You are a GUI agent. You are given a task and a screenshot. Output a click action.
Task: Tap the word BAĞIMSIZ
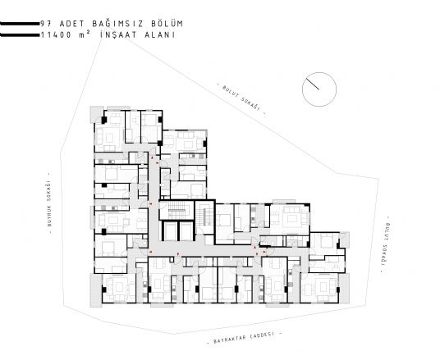click(x=118, y=23)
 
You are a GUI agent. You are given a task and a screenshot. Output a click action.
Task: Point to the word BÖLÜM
click(x=167, y=23)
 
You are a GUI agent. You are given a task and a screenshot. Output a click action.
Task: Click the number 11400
click(x=56, y=35)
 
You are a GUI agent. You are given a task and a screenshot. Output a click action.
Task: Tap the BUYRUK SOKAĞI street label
click(x=49, y=203)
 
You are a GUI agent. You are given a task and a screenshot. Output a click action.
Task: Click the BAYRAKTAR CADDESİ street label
click(x=244, y=338)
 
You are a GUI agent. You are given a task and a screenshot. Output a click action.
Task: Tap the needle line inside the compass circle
click(x=312, y=84)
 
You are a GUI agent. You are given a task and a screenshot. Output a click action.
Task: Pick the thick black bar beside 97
click(x=20, y=24)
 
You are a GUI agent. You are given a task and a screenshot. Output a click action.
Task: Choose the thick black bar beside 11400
click(x=20, y=35)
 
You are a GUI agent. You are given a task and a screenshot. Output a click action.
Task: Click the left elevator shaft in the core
click(x=170, y=230)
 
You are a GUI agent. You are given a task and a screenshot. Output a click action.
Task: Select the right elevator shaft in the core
click(x=186, y=230)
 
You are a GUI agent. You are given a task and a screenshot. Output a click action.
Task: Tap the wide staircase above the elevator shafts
click(x=176, y=209)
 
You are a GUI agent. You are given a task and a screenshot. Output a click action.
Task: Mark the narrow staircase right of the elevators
click(x=204, y=215)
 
